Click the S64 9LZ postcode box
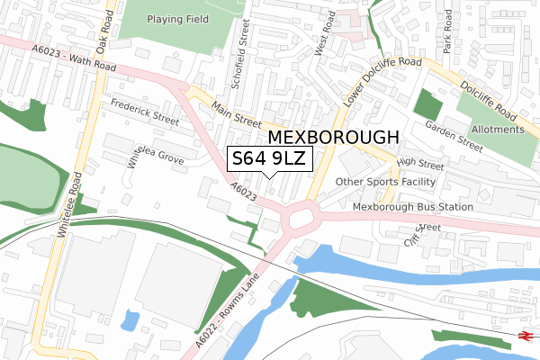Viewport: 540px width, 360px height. tap(270, 160)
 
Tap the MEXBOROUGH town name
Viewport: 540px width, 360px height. tap(333, 138)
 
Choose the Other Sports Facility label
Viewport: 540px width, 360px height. tap(385, 182)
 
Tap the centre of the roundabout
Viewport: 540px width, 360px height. tap(301, 217)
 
